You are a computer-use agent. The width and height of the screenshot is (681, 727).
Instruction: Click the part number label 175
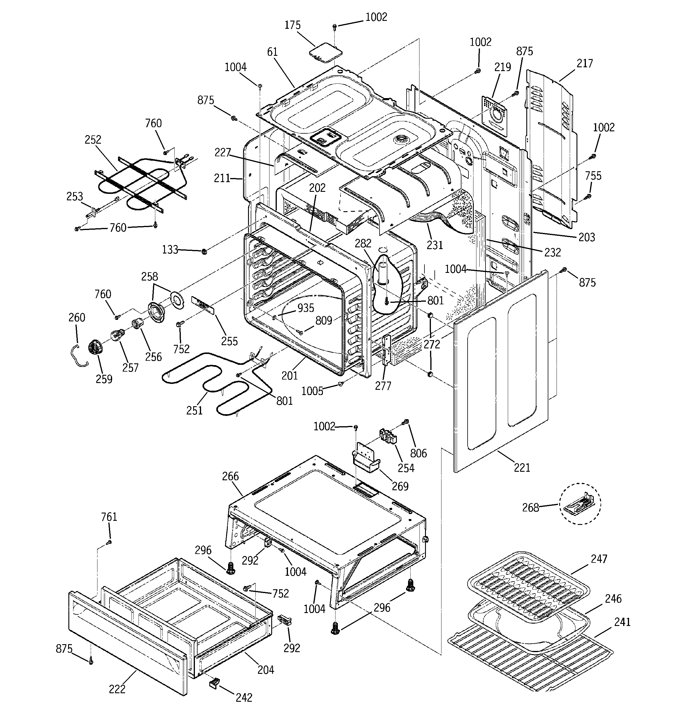click(x=292, y=25)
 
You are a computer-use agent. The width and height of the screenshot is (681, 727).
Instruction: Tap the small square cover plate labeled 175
click(x=325, y=52)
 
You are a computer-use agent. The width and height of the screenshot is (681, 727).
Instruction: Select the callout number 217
click(x=584, y=64)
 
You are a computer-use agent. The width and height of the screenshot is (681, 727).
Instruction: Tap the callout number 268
click(x=530, y=508)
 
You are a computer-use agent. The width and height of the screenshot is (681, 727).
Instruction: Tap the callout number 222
click(x=117, y=689)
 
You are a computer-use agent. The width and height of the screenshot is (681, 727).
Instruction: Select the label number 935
click(x=306, y=308)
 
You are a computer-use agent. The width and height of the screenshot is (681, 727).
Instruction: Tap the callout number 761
click(x=109, y=517)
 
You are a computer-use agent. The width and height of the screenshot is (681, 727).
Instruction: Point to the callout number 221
click(x=522, y=467)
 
